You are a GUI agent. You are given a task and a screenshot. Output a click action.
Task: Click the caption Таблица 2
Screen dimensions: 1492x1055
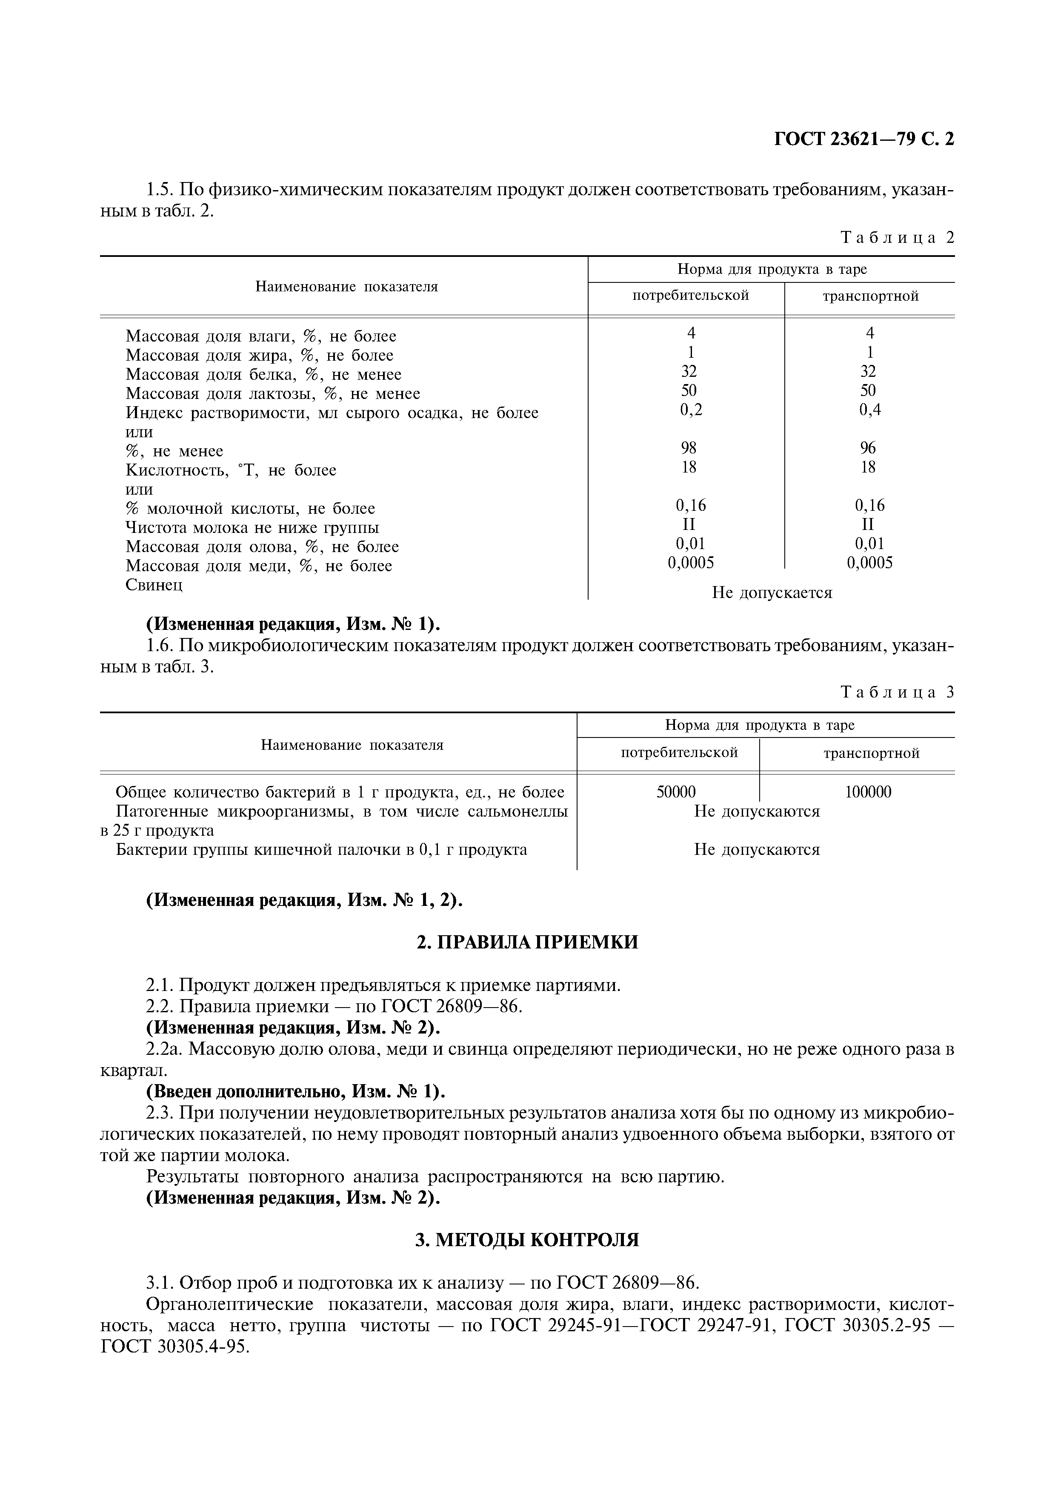point(897,238)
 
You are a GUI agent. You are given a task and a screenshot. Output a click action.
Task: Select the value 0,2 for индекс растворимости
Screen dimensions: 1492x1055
point(690,410)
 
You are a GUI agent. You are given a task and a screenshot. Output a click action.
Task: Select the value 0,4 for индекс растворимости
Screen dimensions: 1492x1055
point(870,410)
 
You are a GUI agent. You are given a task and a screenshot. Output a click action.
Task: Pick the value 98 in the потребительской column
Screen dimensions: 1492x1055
point(689,448)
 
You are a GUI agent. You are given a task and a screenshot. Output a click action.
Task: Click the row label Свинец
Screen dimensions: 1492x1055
point(154,585)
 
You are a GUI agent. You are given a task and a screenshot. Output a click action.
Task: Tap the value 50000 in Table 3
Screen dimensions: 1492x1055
point(676,792)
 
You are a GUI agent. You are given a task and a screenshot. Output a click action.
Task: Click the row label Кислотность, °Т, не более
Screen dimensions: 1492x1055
point(231,470)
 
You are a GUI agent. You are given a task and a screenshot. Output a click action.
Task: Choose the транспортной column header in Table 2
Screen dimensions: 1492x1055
point(870,296)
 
